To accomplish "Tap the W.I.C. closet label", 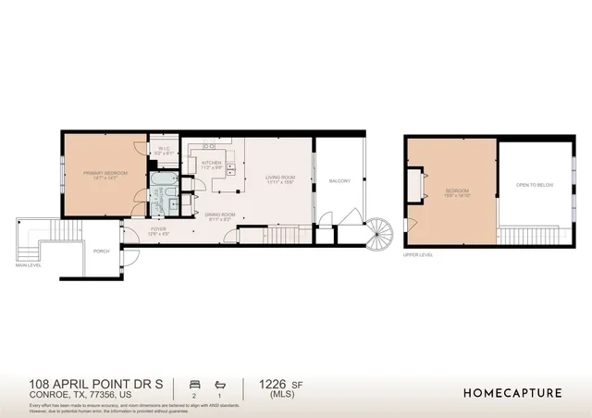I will click(x=162, y=152).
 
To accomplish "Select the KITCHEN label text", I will click(x=212, y=165).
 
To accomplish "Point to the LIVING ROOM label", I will click(x=279, y=179).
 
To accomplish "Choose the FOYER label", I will click(x=159, y=231).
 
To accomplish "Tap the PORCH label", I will click(x=102, y=251).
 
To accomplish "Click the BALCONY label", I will click(x=339, y=180).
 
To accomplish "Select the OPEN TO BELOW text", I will click(x=535, y=185).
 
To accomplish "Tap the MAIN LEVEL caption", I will click(x=29, y=265).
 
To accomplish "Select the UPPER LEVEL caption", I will click(x=418, y=254).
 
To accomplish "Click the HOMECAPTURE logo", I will click(x=512, y=392).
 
